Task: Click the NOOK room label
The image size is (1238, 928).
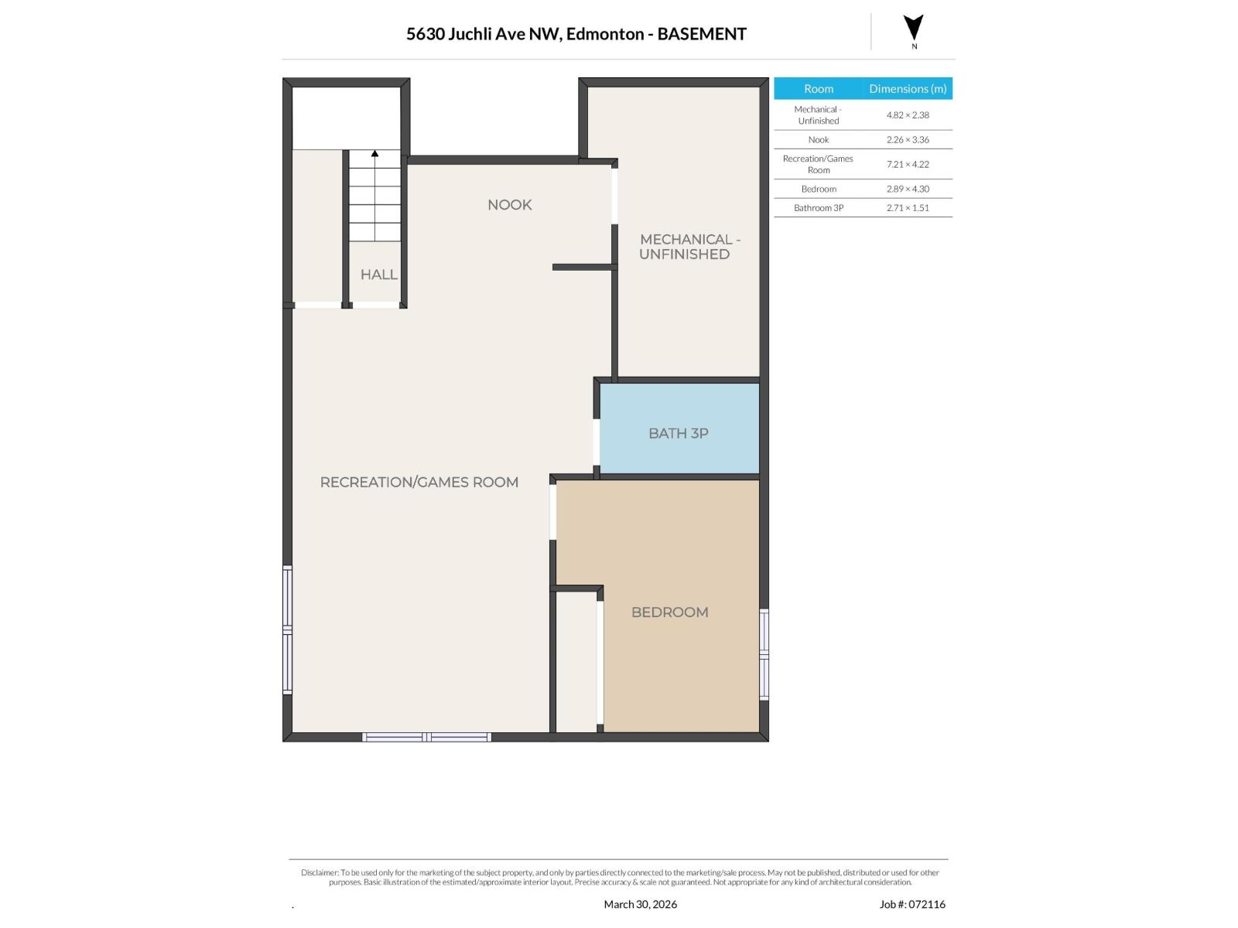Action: (509, 205)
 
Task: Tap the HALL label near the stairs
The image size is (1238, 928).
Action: (378, 275)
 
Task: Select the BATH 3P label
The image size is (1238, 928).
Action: (678, 434)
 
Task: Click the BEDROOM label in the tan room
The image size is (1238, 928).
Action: (669, 612)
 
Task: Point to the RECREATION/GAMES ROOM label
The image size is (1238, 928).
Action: (419, 483)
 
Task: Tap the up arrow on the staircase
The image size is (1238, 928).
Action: (374, 155)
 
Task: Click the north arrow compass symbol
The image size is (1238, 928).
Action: (914, 29)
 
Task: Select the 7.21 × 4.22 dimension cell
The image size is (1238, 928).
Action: (908, 165)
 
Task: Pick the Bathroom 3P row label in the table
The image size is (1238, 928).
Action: (818, 208)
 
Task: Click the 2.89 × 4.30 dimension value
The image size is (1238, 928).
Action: (908, 189)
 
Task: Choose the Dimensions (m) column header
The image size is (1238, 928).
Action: (908, 89)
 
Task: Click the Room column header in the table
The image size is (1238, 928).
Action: (818, 89)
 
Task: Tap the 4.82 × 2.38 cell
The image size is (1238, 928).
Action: (908, 115)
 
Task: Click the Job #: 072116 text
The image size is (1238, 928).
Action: (911, 904)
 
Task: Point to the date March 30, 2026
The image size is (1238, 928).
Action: (640, 904)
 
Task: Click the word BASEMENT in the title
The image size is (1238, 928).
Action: (701, 34)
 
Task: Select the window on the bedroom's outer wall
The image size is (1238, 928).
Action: (764, 654)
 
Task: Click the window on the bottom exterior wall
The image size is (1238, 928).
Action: (426, 737)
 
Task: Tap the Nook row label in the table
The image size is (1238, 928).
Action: (818, 140)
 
